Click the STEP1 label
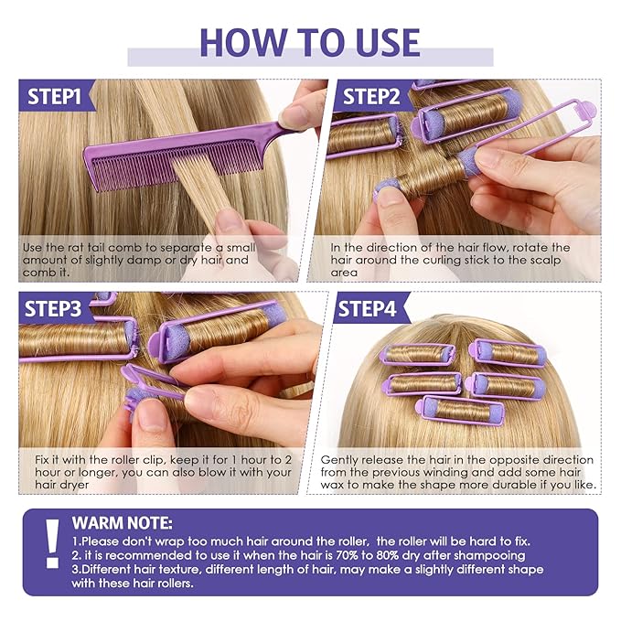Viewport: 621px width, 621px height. pos(54,97)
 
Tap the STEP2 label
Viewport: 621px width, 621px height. pos(371,97)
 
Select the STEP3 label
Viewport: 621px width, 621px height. pos(53,309)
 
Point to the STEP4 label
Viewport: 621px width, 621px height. pos(367,309)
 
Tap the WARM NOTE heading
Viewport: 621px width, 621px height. pos(122,523)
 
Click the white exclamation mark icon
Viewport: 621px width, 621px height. pos(52,544)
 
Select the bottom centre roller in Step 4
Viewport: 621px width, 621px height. pos(460,410)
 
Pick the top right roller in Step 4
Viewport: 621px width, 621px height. pos(508,353)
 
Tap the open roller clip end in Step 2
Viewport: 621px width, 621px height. pos(583,109)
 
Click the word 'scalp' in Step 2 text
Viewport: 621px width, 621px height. pos(547,261)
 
